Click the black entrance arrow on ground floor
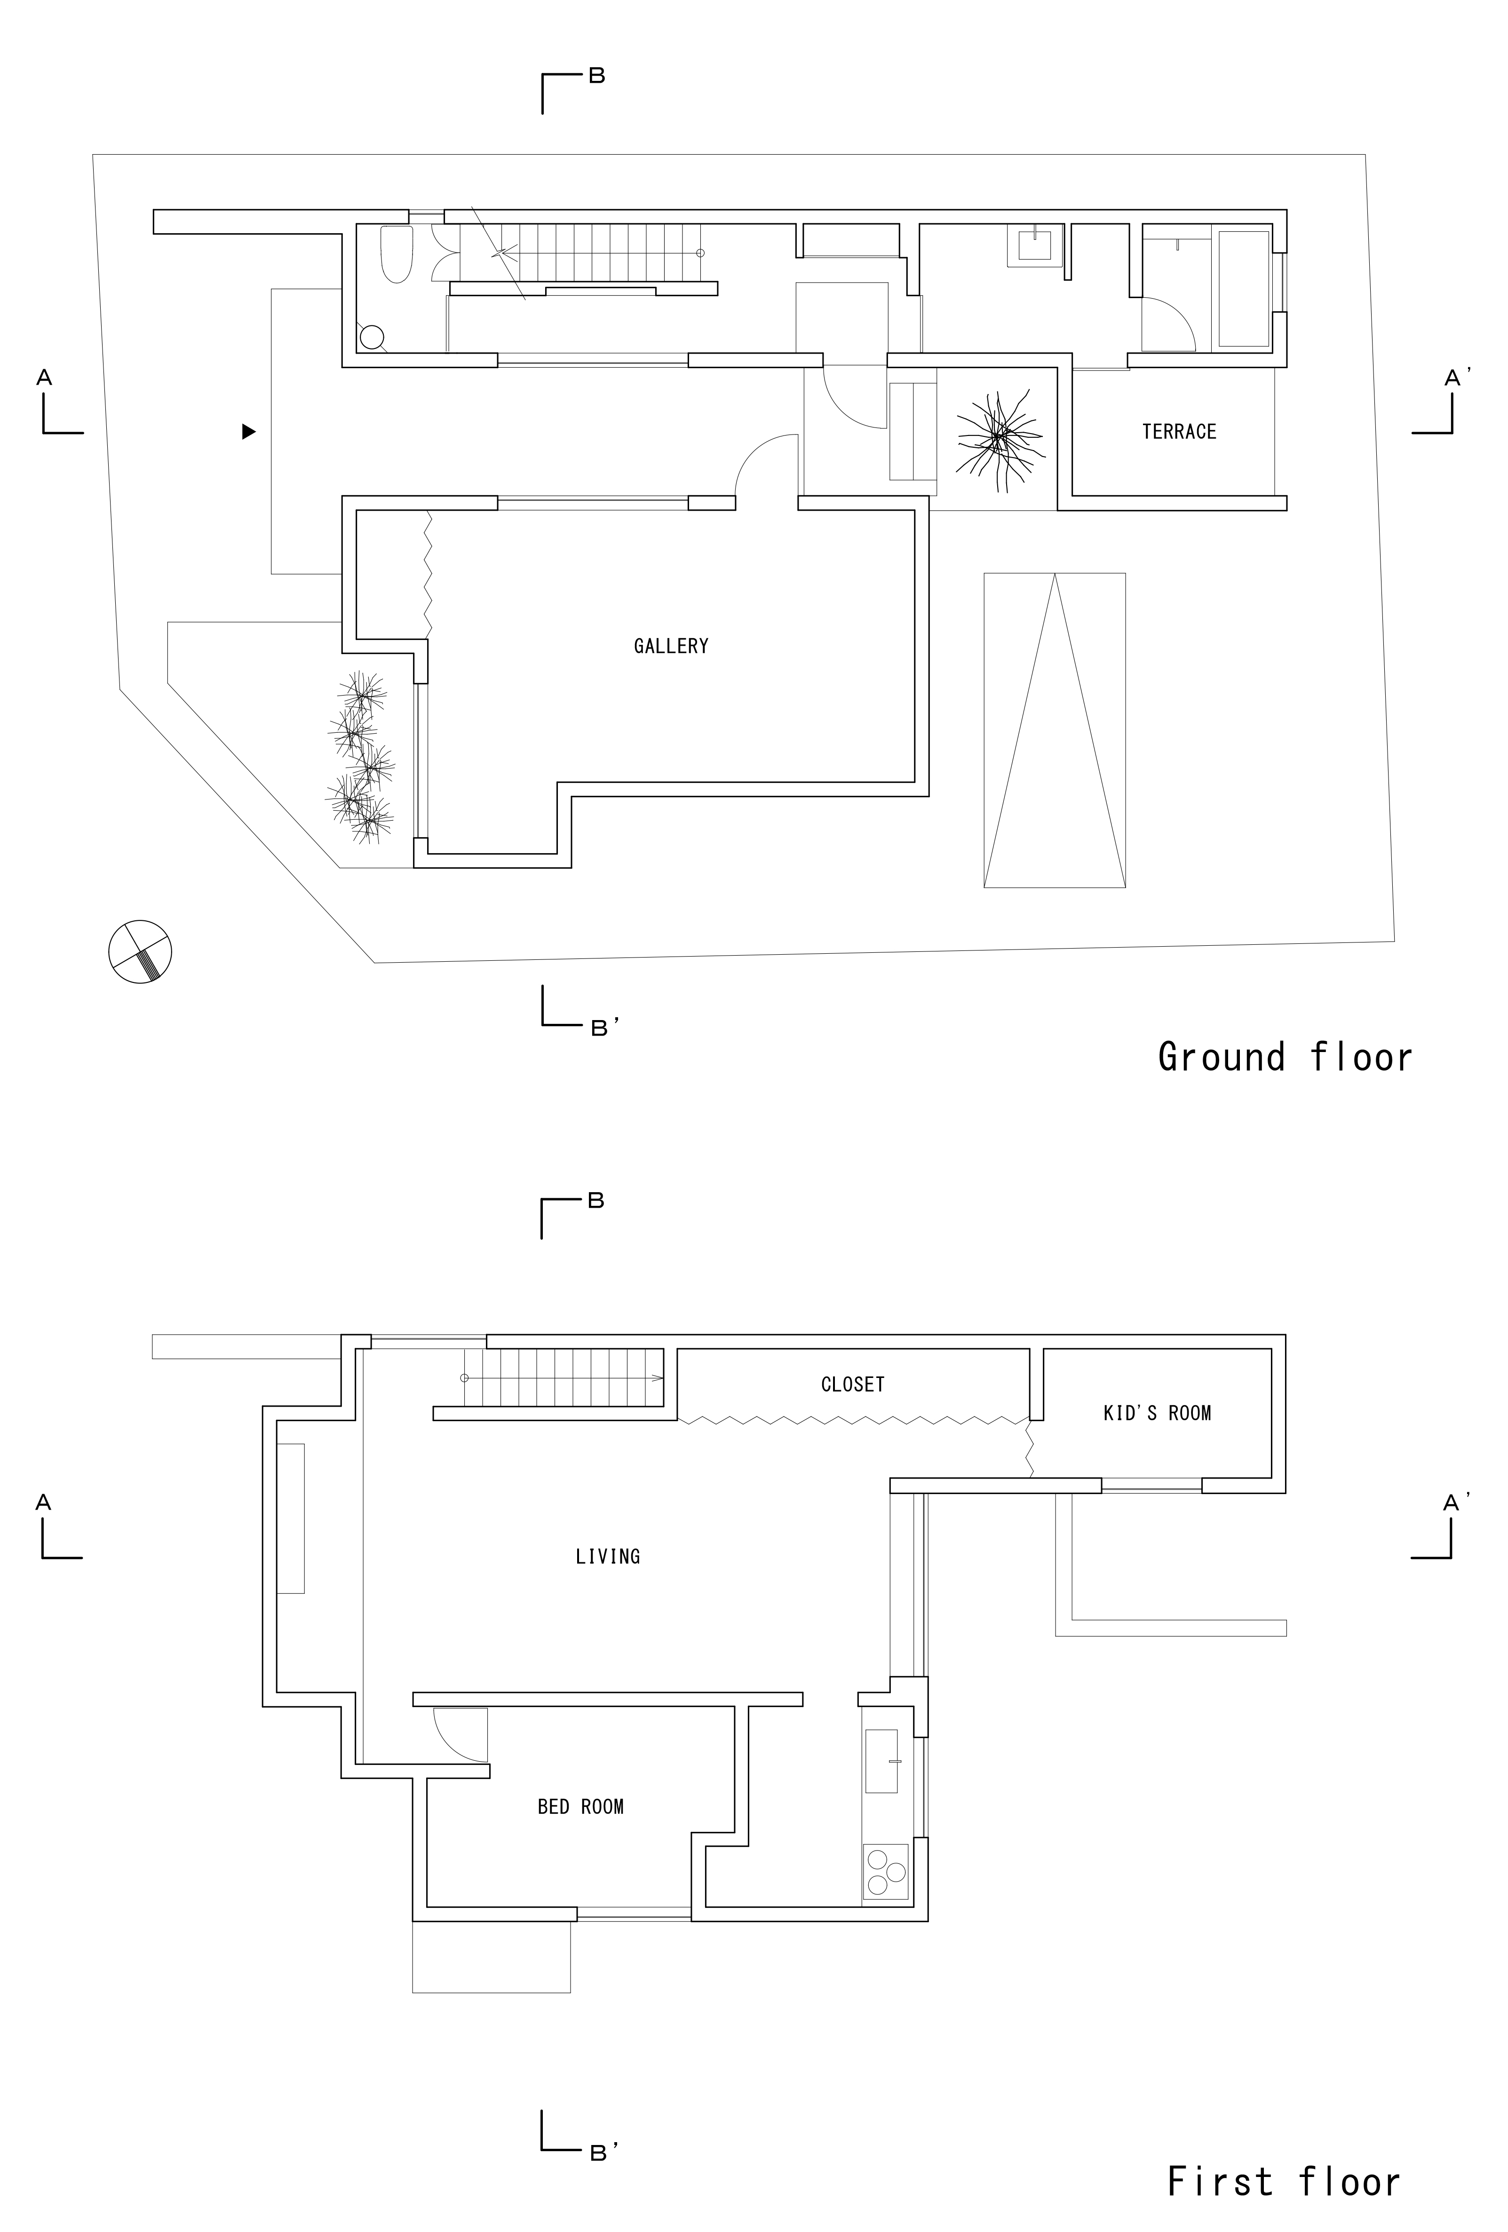[249, 432]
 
